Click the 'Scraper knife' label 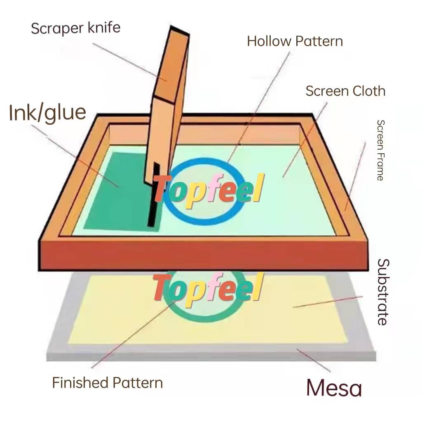pyautogui.click(x=75, y=28)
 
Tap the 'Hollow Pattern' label pyautogui.click(x=295, y=41)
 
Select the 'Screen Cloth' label pyautogui.click(x=345, y=91)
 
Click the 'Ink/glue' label pyautogui.click(x=47, y=113)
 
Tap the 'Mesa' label pyautogui.click(x=334, y=388)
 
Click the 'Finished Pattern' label pyautogui.click(x=107, y=383)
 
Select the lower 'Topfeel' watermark pyautogui.click(x=208, y=288)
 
